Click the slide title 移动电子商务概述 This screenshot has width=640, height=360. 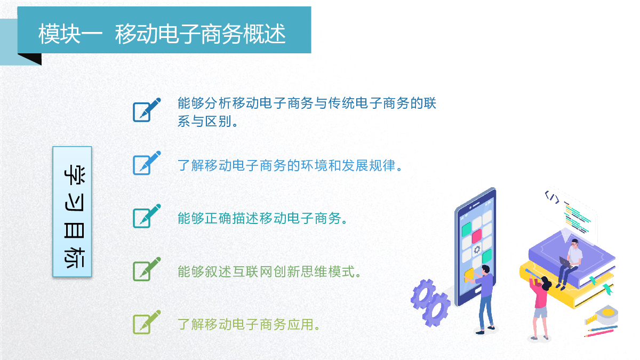tap(201, 34)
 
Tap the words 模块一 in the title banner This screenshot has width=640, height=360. tap(70, 34)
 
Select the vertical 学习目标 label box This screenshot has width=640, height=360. tap(73, 212)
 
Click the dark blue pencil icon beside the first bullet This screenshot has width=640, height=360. tap(147, 110)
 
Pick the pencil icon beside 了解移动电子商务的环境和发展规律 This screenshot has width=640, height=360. tap(147, 163)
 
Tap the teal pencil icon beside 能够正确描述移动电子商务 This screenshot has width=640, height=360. tap(147, 216)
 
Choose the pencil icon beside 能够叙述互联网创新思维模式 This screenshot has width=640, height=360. tap(147, 269)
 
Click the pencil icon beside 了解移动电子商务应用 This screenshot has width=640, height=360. tap(147, 322)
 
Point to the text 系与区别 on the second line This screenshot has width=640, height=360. tap(205, 121)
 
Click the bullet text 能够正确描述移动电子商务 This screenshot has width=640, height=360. tap(259, 218)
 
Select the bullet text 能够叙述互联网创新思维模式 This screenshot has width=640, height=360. tap(266, 271)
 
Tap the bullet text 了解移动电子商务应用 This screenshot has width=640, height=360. tap(246, 325)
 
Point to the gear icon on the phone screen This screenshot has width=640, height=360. tap(477, 250)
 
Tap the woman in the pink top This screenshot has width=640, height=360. tap(539, 306)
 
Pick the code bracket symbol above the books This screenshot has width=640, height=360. tap(551, 197)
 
